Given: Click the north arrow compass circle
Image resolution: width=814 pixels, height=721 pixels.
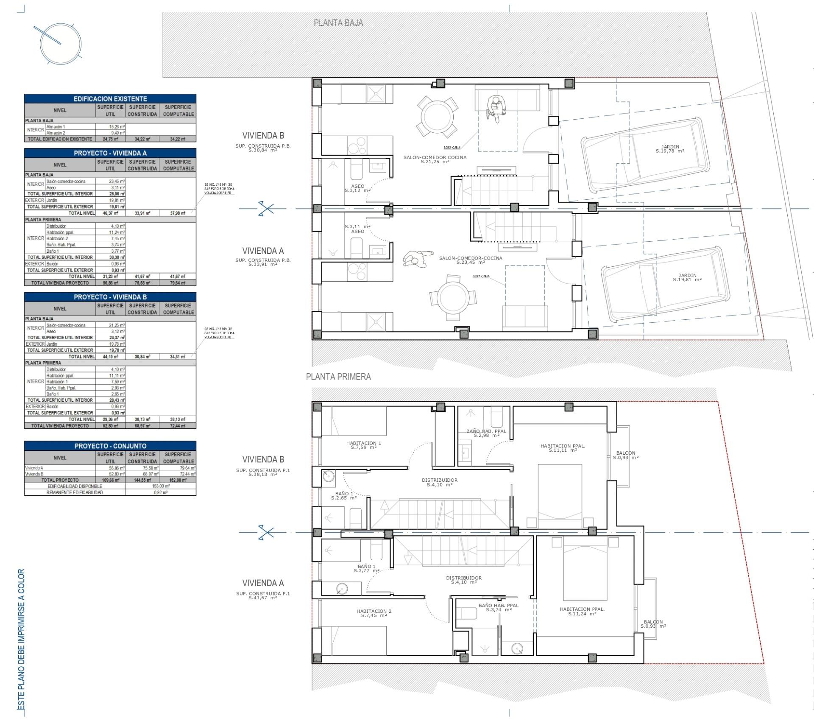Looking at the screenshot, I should pos(60,43).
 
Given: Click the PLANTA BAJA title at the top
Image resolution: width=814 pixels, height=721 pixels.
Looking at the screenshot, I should pos(338,23).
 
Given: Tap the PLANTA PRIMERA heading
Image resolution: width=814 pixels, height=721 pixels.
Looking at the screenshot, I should pos(338,377).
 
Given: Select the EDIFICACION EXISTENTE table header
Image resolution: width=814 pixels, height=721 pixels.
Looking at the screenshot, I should pos(110,98).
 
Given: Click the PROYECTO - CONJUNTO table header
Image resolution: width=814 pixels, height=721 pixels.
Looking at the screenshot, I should pos(110,446).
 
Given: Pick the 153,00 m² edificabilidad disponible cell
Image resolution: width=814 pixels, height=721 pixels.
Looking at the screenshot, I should pos(161,486).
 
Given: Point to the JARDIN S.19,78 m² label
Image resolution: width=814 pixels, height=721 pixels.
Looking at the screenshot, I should pos(670,149).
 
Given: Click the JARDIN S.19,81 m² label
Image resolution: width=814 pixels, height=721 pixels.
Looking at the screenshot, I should pos(687,277).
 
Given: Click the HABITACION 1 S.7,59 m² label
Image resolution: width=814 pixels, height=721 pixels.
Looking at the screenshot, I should pos(363,445).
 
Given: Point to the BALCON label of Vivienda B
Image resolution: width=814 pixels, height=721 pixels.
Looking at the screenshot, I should pos(626,455).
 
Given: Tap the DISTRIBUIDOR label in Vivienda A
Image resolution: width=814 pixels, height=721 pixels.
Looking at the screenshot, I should pos(464,580).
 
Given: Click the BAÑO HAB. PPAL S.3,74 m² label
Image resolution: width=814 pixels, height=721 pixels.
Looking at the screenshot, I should pos(498,607).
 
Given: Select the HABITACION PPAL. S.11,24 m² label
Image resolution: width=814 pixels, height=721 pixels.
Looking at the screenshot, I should pos(582,611).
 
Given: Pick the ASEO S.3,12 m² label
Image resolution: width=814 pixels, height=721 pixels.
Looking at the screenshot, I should pos(357,188).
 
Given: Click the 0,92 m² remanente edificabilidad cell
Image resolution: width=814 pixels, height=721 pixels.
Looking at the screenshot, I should pos(161,492).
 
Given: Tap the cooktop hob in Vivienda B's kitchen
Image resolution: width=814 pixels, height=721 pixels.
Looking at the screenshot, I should pos(357,145).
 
